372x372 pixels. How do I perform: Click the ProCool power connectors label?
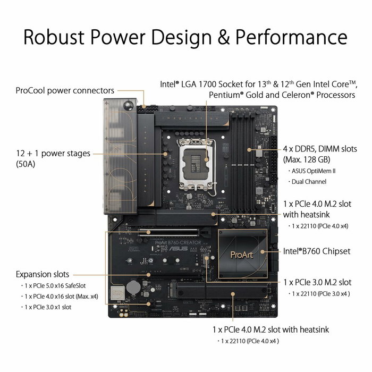[x=65, y=90]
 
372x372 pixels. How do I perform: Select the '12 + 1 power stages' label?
[x=53, y=154]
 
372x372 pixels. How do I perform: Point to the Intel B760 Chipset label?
[x=317, y=251]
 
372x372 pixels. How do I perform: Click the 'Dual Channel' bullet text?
[x=309, y=182]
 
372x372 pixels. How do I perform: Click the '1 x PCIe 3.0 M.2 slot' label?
[x=317, y=282]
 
